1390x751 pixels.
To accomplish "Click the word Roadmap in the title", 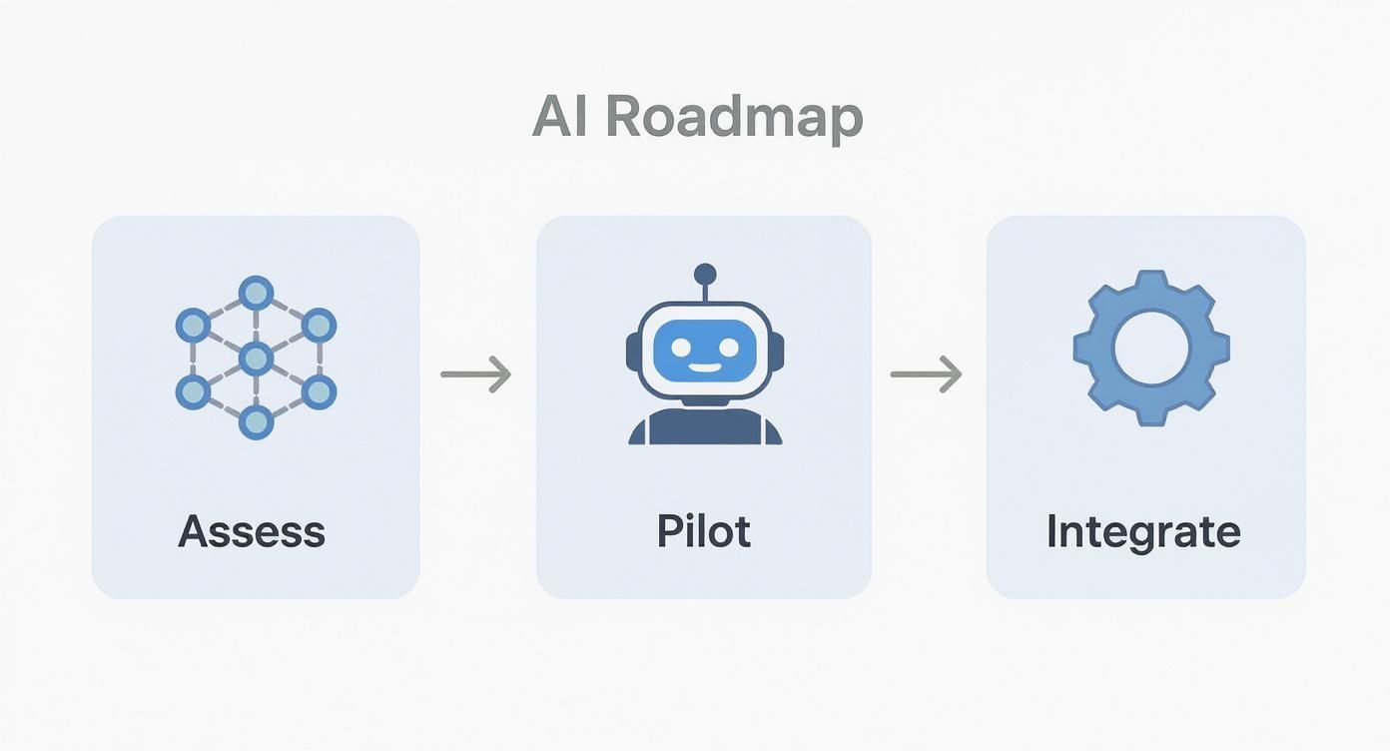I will click(734, 118).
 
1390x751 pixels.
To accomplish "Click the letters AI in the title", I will click(563, 118).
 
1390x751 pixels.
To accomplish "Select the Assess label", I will click(252, 531).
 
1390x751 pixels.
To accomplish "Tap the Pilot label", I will click(703, 531).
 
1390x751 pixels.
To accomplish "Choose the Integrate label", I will click(1143, 531).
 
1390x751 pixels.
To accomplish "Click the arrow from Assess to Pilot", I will click(476, 375).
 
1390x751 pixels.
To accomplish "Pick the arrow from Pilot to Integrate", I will click(926, 375).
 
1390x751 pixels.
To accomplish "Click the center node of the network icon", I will click(256, 358).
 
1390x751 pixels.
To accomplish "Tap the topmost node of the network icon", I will click(256, 293).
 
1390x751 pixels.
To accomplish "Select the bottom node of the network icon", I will click(256, 422).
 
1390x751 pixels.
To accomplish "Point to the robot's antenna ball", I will click(705, 274).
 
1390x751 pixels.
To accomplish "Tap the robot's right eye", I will click(729, 347).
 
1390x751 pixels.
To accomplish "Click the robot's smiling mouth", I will click(705, 368).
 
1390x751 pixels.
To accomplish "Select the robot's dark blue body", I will click(705, 427).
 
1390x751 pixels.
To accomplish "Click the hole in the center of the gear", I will click(1151, 349).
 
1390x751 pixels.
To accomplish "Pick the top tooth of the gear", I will click(1151, 281).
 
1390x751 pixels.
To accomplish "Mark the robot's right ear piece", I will click(777, 352).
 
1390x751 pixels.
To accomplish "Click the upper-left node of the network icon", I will click(192, 326).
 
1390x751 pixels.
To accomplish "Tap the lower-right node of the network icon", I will click(319, 391).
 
